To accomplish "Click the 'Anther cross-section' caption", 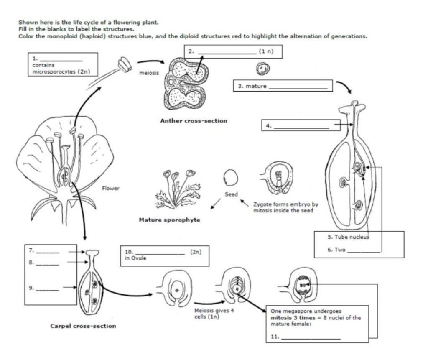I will (x=194, y=121).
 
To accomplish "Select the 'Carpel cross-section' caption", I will (x=83, y=326).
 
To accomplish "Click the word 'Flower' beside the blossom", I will (x=111, y=188).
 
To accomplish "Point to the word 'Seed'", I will (x=231, y=194).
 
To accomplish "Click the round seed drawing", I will (x=231, y=179).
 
